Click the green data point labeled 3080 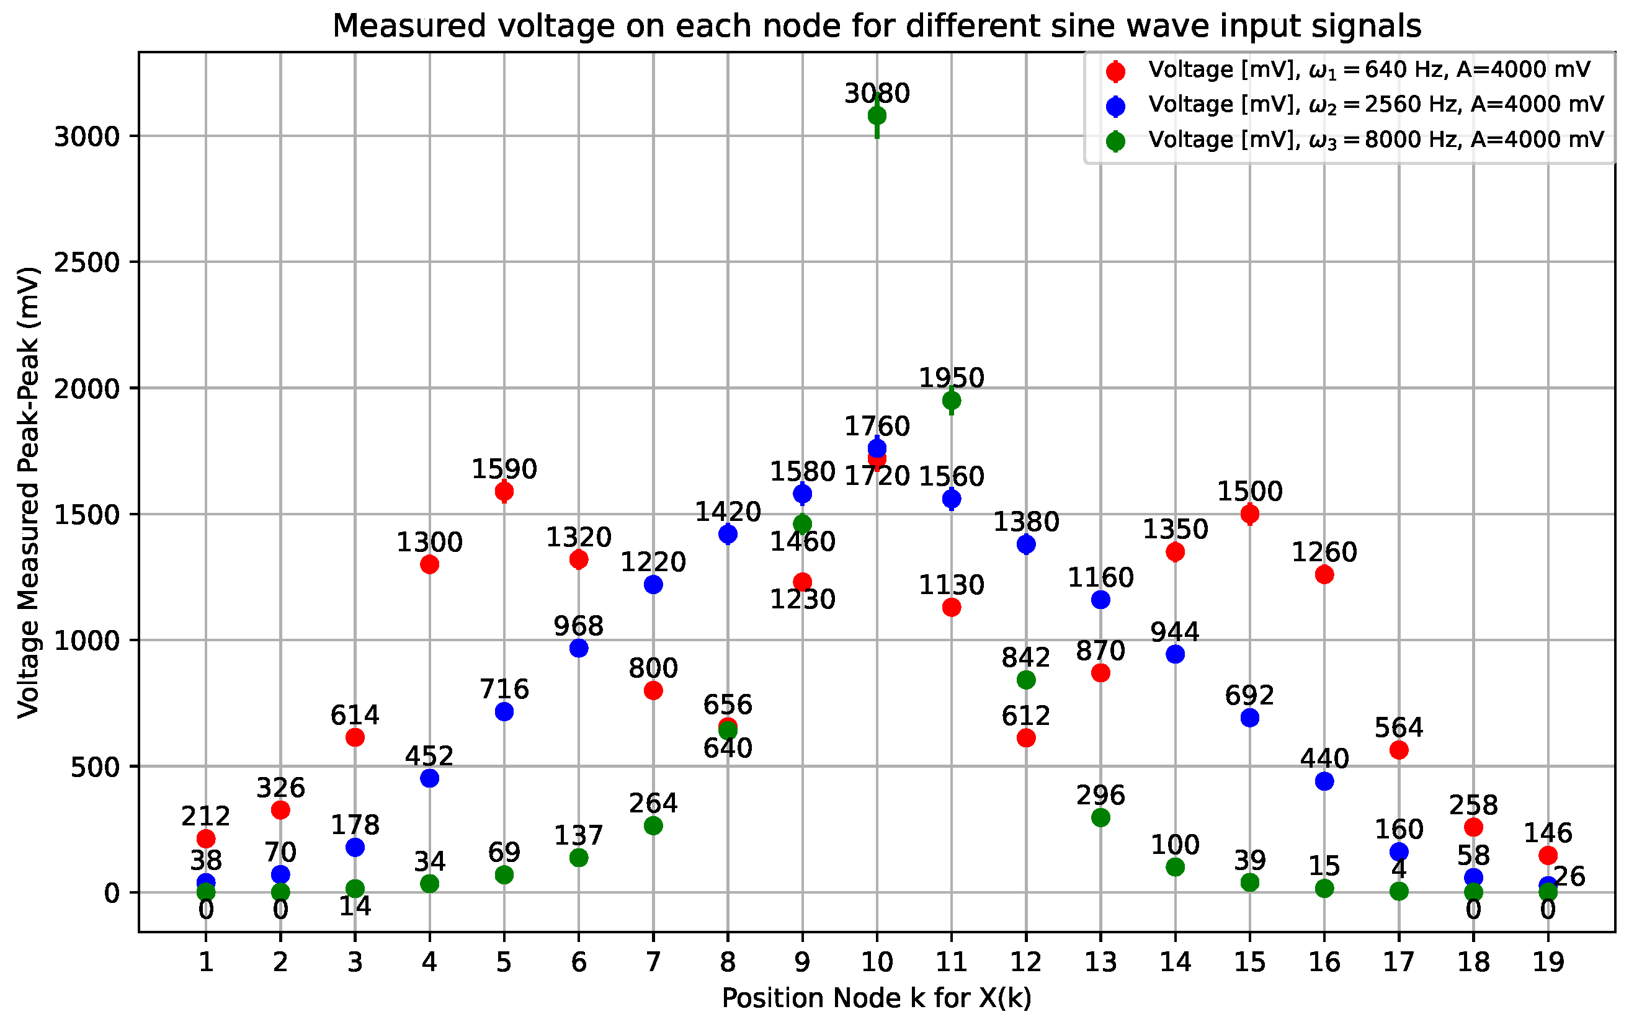[x=877, y=115]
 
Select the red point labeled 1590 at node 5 [x=504, y=491]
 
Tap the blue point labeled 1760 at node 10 [x=877, y=448]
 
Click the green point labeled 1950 [x=951, y=400]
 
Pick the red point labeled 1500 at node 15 [x=1250, y=513]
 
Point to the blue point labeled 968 [x=579, y=648]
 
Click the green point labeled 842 [x=1026, y=679]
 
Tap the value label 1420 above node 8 [x=728, y=512]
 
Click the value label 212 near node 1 [x=205, y=816]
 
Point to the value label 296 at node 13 [x=1100, y=795]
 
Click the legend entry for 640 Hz [x=1368, y=69]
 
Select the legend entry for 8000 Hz [x=1375, y=140]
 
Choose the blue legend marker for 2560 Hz [x=1116, y=105]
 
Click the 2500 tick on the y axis [x=86, y=262]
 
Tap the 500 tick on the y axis [x=95, y=766]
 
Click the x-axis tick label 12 [x=1026, y=962]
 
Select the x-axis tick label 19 [x=1548, y=962]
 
